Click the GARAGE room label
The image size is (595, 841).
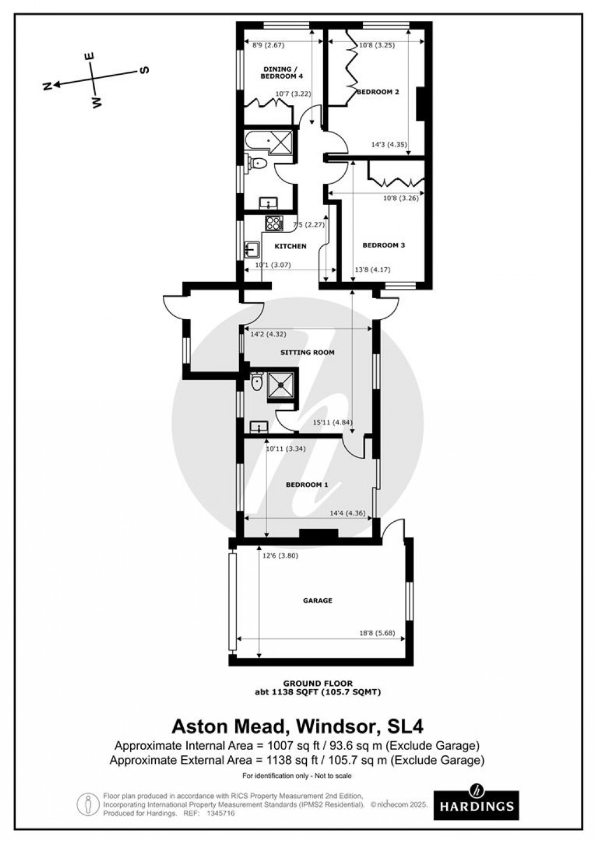[317, 600]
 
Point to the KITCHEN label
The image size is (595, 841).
[290, 246]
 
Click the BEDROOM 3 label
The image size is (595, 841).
[383, 245]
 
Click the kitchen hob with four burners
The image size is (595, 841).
[274, 222]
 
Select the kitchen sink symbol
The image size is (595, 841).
[252, 250]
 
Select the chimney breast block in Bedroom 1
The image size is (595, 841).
[318, 534]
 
